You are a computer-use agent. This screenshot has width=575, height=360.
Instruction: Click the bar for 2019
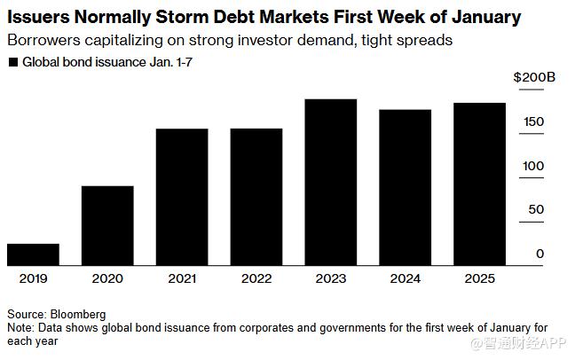[33, 254]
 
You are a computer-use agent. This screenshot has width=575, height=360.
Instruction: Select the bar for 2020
[107, 225]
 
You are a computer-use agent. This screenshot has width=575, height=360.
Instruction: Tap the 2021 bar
[182, 197]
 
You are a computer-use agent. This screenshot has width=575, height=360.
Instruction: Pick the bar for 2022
[256, 197]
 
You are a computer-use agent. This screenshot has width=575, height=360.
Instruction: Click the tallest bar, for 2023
[331, 182]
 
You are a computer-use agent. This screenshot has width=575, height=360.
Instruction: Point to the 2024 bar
[406, 187]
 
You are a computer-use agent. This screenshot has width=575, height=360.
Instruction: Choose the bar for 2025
[480, 184]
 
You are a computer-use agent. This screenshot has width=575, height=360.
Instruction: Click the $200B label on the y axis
[534, 77]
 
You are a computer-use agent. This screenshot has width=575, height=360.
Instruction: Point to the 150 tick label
[533, 121]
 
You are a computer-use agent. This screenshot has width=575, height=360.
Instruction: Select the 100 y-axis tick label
[533, 166]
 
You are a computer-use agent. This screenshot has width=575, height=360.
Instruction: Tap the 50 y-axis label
[536, 210]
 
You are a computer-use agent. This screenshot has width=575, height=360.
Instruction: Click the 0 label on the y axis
[540, 254]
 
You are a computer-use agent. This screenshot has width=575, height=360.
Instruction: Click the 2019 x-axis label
[33, 278]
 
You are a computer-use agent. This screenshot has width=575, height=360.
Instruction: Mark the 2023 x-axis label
[331, 278]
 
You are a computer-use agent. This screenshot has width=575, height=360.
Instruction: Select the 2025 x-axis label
[480, 278]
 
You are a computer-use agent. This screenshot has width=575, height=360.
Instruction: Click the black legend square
[12, 62]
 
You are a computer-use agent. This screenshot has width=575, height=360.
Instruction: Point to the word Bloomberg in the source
[77, 314]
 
